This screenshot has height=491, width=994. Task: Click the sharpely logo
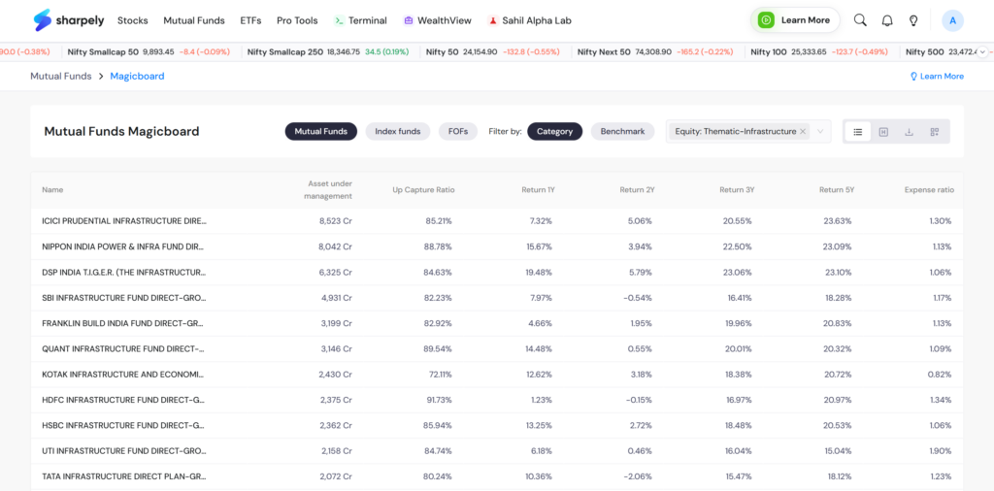click(x=69, y=20)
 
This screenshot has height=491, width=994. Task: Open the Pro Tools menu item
click(x=297, y=20)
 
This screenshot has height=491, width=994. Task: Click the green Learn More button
click(x=795, y=20)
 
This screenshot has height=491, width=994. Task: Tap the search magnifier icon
click(x=860, y=20)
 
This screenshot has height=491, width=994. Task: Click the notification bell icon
click(x=887, y=20)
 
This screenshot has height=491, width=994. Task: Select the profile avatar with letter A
click(x=952, y=20)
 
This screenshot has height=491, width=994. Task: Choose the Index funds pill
click(x=397, y=131)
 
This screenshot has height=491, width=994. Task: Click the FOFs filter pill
click(x=458, y=131)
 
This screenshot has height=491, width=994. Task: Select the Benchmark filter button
click(x=622, y=131)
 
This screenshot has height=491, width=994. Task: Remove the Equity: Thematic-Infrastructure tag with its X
click(x=803, y=131)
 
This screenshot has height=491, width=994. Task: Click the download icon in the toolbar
click(x=909, y=132)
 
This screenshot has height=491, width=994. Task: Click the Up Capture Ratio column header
click(x=423, y=190)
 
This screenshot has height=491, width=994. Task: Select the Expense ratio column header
click(x=929, y=190)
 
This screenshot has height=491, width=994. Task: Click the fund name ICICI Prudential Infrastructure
click(x=124, y=221)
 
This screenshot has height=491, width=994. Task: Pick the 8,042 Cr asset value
click(x=335, y=246)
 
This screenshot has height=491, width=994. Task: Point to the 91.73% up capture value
click(x=439, y=400)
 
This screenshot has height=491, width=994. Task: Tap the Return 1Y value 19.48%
click(x=539, y=272)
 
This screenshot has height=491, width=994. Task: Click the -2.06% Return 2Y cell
click(x=639, y=476)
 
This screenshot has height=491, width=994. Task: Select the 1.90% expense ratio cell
click(x=940, y=451)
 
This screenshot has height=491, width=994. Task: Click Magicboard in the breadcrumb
click(x=137, y=76)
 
